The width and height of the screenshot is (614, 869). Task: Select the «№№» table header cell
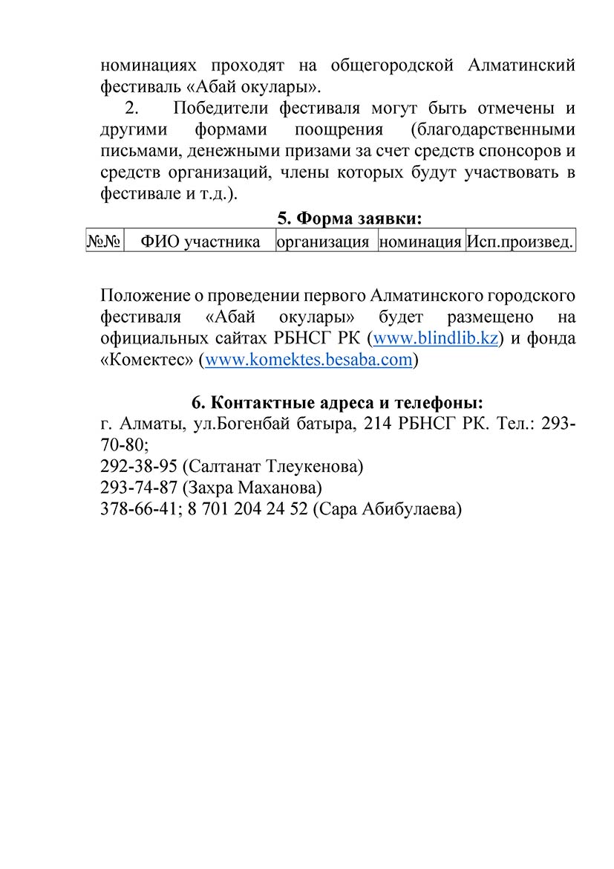click(105, 242)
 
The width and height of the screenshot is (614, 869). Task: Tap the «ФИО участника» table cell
click(200, 242)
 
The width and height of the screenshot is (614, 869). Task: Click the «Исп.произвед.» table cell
click(520, 242)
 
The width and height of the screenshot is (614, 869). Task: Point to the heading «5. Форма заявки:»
click(349, 219)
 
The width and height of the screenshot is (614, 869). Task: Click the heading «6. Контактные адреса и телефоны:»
click(337, 403)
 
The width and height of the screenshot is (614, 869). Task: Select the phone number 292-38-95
click(138, 467)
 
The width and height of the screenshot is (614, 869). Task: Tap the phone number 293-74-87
click(138, 488)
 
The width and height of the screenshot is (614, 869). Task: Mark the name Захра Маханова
click(252, 488)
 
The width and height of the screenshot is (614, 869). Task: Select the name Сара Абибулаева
click(387, 509)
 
